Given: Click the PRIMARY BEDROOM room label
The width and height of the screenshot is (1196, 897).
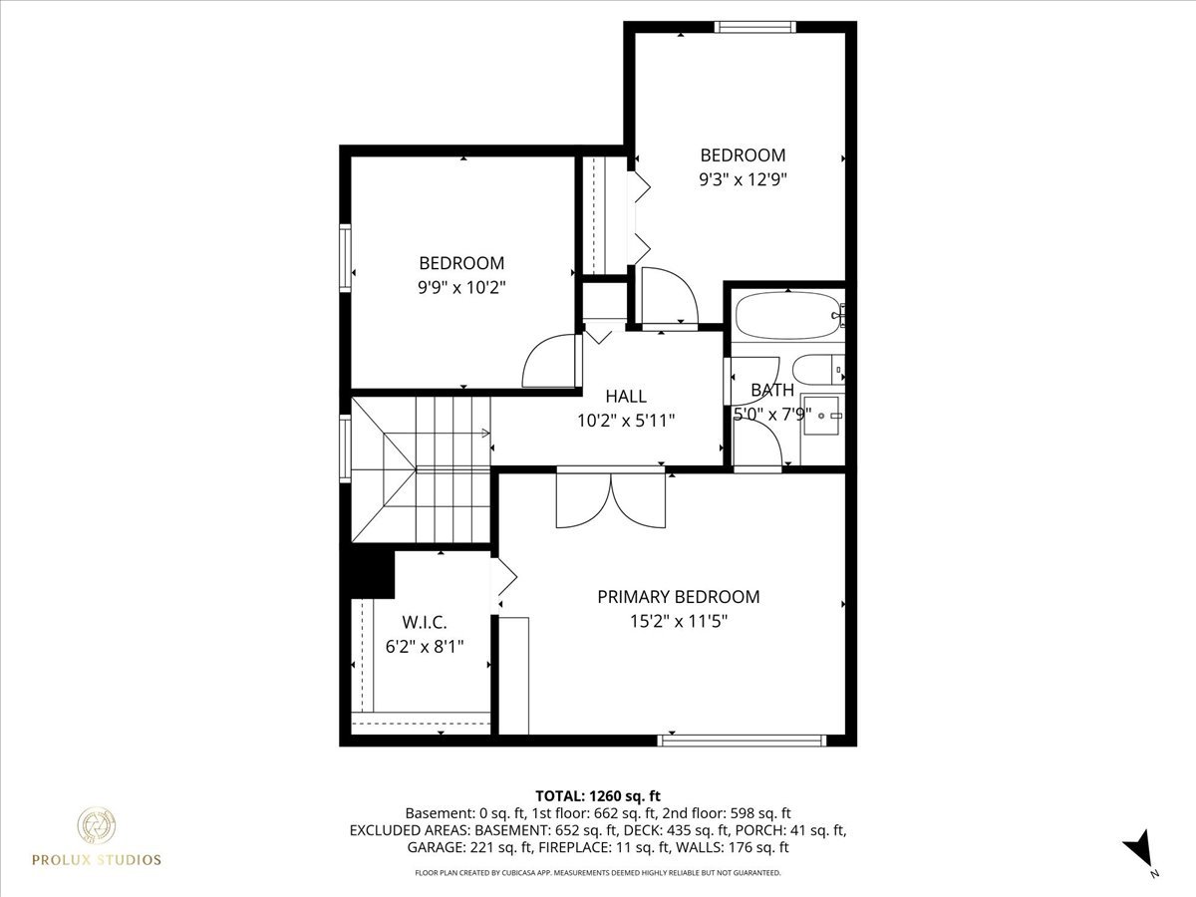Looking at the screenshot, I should [678, 597].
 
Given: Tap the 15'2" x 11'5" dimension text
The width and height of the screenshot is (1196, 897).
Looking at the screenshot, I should [678, 621].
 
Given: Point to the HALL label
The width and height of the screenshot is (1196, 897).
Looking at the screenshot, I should [626, 397].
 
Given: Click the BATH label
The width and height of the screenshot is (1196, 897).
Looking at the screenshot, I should [771, 390].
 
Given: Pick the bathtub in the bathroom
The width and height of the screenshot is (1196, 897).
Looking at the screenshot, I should [787, 316].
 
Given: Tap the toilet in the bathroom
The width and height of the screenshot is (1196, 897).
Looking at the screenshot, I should [824, 371].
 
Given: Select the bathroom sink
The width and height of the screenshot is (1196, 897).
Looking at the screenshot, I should [822, 416].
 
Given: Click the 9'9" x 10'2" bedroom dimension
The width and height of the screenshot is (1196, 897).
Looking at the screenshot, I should [461, 287].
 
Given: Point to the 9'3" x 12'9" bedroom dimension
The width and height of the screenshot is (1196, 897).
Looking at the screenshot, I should [743, 179].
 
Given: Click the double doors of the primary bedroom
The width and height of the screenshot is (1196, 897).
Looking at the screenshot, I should [611, 498].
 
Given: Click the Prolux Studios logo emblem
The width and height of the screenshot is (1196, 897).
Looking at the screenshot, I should [97, 826].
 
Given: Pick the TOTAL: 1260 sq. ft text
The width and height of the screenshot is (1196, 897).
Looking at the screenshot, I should [598, 795].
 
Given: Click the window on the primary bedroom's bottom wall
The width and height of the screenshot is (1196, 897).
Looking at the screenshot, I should [743, 740].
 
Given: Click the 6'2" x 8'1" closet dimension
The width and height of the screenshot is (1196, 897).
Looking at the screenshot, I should [425, 646].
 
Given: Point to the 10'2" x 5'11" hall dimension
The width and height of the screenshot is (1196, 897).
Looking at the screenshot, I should [626, 421].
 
